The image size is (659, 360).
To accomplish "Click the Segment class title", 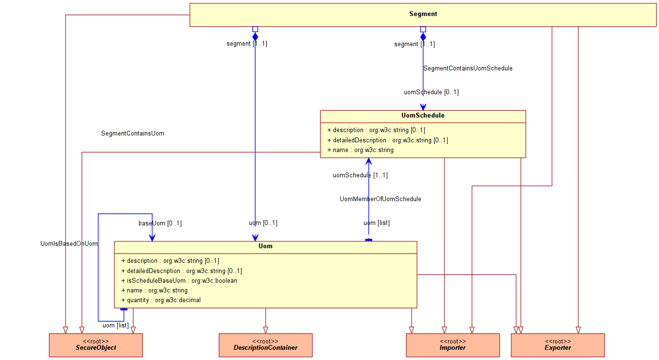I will pyautogui.click(x=423, y=14).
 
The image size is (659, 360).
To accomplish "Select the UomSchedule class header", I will pyautogui.click(x=423, y=116).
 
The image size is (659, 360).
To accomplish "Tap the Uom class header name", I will pyautogui.click(x=265, y=246).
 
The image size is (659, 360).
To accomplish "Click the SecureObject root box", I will pyautogui.click(x=96, y=345).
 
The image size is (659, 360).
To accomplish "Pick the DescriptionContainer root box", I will pyautogui.click(x=265, y=345).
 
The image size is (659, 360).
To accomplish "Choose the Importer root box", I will pyautogui.click(x=452, y=345).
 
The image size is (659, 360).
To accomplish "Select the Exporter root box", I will pyautogui.click(x=557, y=345).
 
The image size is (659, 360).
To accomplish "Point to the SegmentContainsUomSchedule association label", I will pyautogui.click(x=468, y=69).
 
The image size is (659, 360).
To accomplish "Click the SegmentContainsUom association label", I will pyautogui.click(x=133, y=133).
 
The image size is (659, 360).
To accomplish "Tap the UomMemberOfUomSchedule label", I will pyautogui.click(x=380, y=199).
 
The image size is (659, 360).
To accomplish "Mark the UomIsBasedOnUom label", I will pyautogui.click(x=69, y=244).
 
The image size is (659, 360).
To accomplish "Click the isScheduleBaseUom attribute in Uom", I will pyautogui.click(x=179, y=281).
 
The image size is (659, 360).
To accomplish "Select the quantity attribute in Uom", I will pyautogui.click(x=161, y=300).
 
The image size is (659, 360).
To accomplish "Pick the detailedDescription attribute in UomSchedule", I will pyautogui.click(x=387, y=140).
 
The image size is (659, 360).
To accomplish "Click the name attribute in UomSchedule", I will pyautogui.click(x=360, y=150).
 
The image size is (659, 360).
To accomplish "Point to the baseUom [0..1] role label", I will pyautogui.click(x=160, y=223).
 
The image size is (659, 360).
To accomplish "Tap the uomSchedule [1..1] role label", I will pyautogui.click(x=360, y=175).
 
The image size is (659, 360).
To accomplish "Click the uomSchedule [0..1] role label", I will pyautogui.click(x=431, y=92).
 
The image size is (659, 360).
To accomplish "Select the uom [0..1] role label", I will pyautogui.click(x=263, y=223).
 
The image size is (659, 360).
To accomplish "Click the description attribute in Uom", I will pyautogui.click(x=170, y=261).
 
